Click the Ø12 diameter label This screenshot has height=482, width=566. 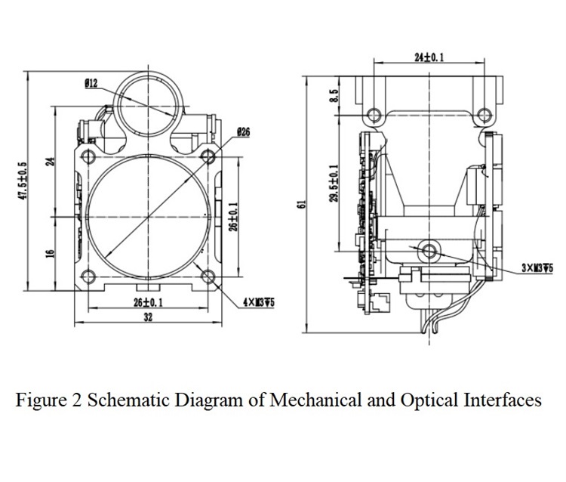(x=91, y=83)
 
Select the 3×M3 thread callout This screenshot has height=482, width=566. (x=537, y=267)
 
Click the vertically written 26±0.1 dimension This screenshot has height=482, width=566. (x=234, y=218)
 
